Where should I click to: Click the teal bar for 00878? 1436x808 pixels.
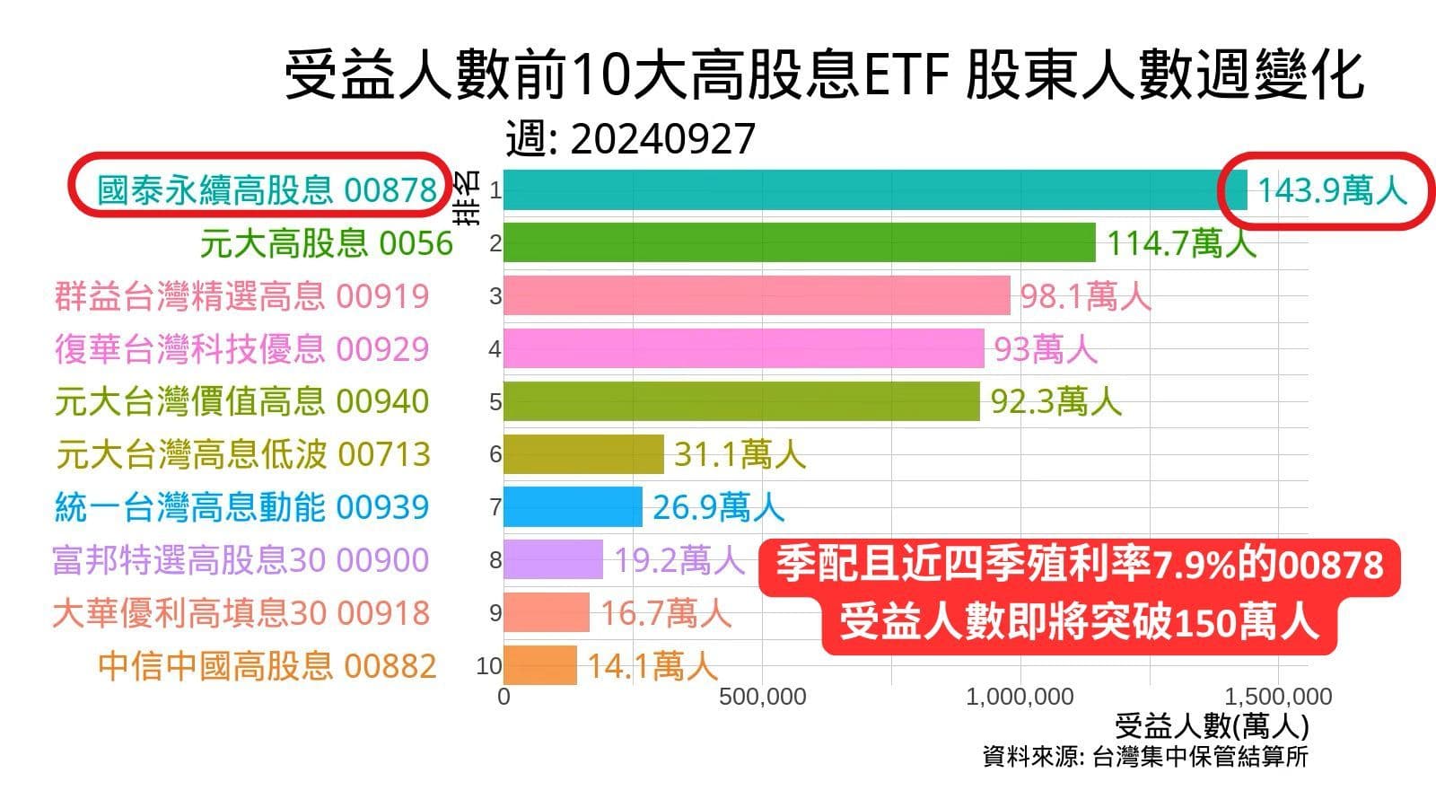[x=875, y=190]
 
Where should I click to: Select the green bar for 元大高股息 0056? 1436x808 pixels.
[x=799, y=242]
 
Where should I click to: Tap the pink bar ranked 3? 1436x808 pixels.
[x=757, y=295]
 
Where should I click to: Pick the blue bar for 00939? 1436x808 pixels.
[x=573, y=506]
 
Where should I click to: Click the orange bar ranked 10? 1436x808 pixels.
[x=540, y=665]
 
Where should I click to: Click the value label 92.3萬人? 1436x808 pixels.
[x=1055, y=401]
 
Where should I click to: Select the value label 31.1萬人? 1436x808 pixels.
[x=740, y=454]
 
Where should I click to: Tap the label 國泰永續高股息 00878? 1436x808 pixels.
[x=267, y=190]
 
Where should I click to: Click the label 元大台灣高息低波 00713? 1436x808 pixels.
[x=243, y=454]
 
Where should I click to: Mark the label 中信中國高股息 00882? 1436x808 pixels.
[x=267, y=666]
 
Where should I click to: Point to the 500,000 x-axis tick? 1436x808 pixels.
[x=762, y=697]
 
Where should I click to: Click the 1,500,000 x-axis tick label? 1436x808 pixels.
[x=1278, y=697]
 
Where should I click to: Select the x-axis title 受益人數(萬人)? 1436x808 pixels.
[x=1212, y=725]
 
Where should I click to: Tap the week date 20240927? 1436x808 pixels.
[x=662, y=139]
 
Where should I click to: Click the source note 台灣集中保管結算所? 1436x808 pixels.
[x=1200, y=757]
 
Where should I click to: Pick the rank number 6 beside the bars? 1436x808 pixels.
[x=495, y=454]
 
